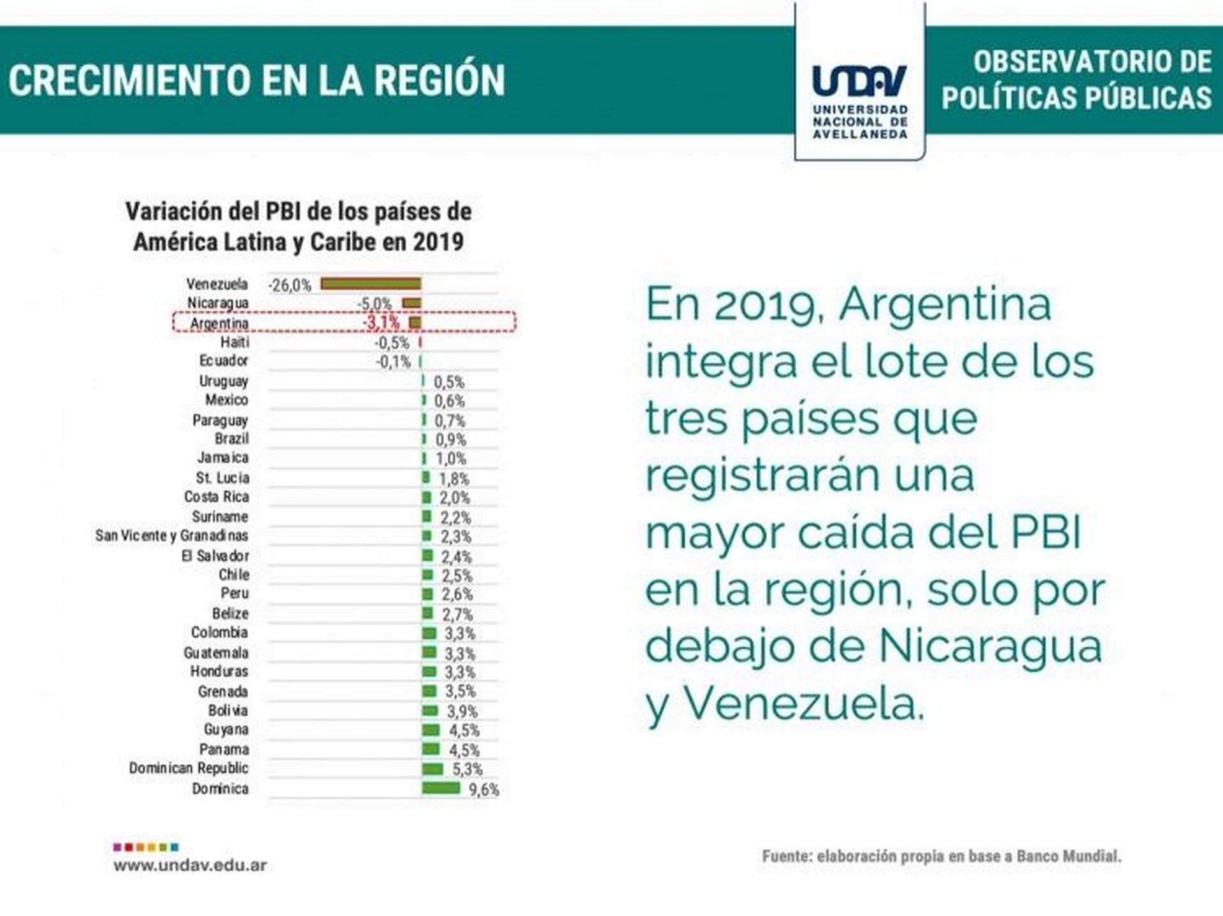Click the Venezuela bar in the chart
[x=371, y=284]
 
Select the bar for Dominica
[x=441, y=788]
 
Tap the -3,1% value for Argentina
[x=382, y=323]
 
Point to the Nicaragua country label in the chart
[x=218, y=303]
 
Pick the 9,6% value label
[x=484, y=790]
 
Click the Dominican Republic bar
[x=433, y=769]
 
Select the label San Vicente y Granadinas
[x=171, y=536]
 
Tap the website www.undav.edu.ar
[x=190, y=865]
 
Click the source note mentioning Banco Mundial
[x=941, y=856]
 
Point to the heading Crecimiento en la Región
[x=257, y=80]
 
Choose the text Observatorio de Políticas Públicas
[x=1076, y=80]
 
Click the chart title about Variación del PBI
[x=298, y=227]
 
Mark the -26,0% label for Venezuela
[x=290, y=285]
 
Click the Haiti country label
[x=234, y=342]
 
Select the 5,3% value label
[x=468, y=770]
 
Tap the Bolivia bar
[x=430, y=710]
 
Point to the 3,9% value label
[x=462, y=711]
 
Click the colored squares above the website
[x=146, y=847]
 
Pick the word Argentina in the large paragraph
[x=945, y=304]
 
